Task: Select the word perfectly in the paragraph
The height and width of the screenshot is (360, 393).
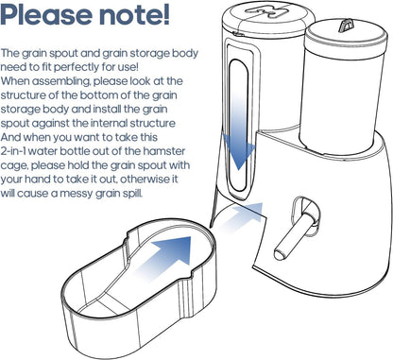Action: pos(98,70)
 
